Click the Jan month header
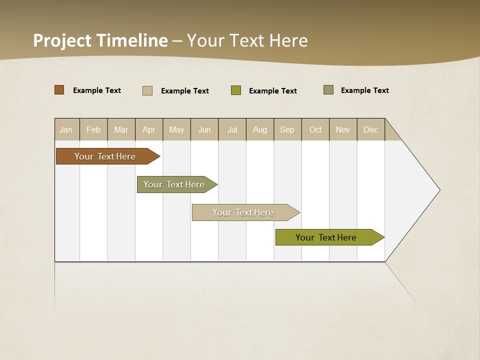(x=66, y=129)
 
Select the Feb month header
(x=93, y=129)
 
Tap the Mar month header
(x=121, y=129)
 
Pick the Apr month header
(x=149, y=129)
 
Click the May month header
(x=176, y=129)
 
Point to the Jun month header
(x=204, y=129)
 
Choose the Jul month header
(x=232, y=129)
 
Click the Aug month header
(x=260, y=129)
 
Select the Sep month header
(x=287, y=129)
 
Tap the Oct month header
(x=315, y=129)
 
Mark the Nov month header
(x=343, y=129)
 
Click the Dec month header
(x=371, y=129)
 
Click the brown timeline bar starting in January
(x=105, y=156)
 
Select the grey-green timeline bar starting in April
(x=174, y=184)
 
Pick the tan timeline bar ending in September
(x=243, y=212)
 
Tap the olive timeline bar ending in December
(x=326, y=237)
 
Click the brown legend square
(x=59, y=90)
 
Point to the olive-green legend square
(x=236, y=90)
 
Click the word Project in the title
(x=62, y=40)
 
